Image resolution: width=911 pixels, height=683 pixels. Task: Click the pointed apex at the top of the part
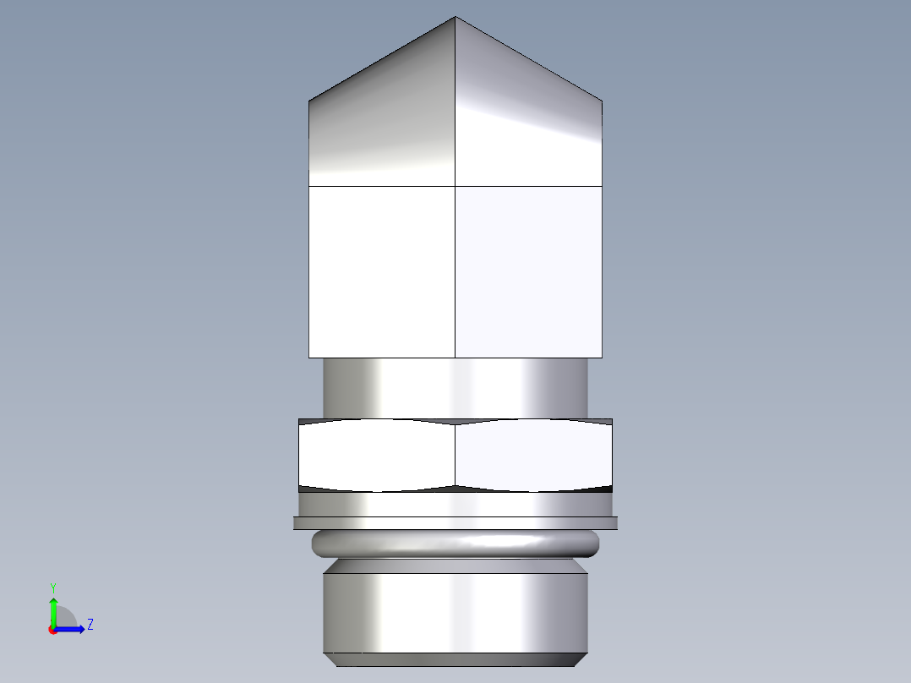[455, 18]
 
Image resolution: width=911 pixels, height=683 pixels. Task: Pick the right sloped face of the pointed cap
[528, 127]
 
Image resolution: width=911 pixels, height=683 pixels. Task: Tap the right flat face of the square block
[528, 270]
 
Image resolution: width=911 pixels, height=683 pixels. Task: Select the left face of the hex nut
[377, 455]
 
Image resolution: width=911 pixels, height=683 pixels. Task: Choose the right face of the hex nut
[533, 455]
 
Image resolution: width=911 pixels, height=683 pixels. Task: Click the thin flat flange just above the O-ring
[455, 523]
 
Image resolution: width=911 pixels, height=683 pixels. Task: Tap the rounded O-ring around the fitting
[455, 544]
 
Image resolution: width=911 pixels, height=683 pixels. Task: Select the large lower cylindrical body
[455, 612]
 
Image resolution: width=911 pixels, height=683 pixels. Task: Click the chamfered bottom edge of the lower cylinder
[455, 659]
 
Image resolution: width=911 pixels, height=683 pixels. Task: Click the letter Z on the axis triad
[90, 625]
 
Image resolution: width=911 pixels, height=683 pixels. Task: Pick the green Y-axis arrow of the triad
[53, 609]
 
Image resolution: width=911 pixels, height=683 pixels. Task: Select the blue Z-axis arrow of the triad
[73, 628]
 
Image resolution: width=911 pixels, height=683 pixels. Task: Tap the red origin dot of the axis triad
[52, 630]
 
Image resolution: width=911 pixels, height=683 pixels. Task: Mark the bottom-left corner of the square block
[309, 357]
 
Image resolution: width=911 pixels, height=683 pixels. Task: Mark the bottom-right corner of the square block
[602, 357]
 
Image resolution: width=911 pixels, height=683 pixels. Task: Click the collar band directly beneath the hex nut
[455, 504]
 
